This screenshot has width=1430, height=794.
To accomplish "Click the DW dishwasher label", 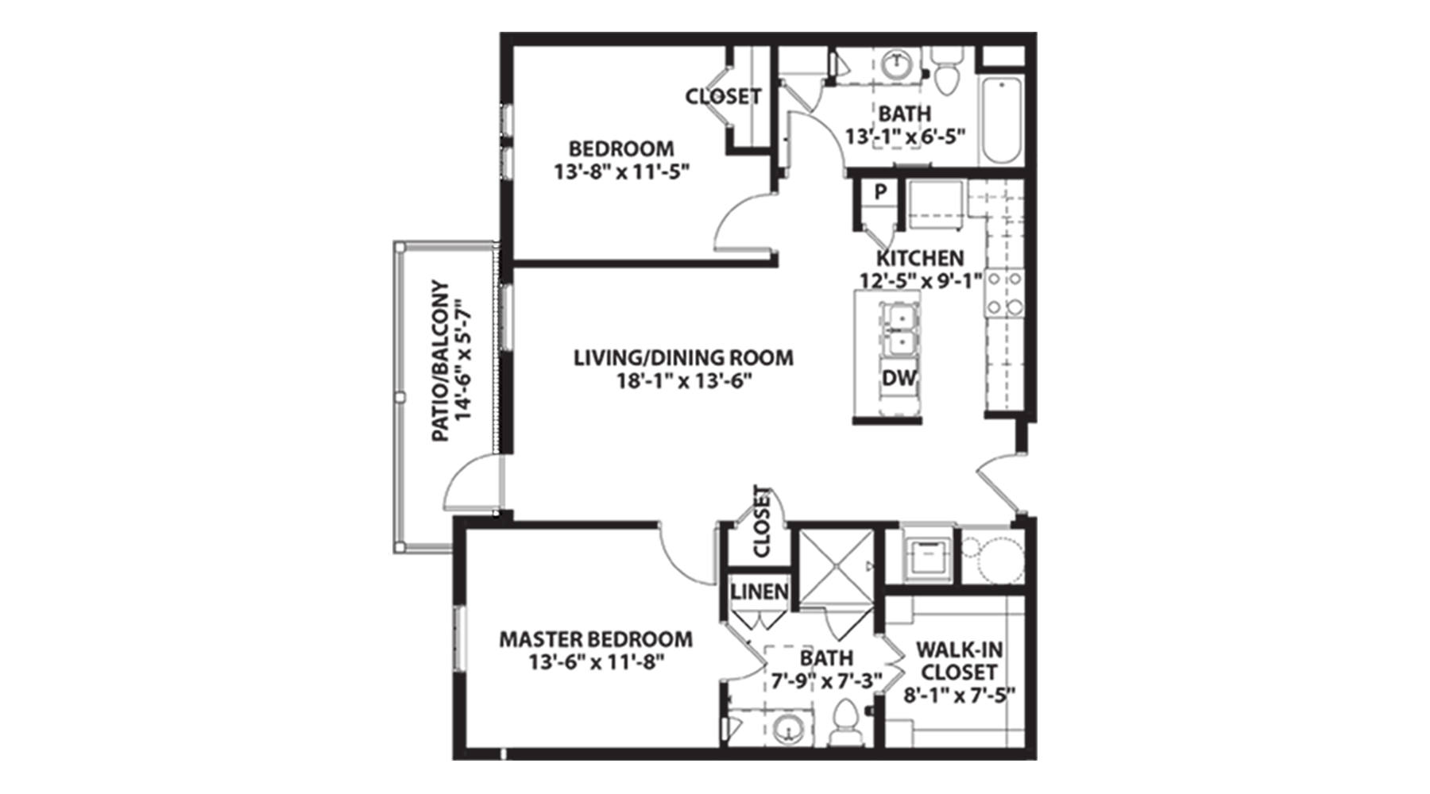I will (899, 379).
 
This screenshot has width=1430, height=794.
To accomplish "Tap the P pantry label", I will (879, 192).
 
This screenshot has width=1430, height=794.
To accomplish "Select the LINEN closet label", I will (759, 592).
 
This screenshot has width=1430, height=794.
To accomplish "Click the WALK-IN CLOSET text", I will (959, 661).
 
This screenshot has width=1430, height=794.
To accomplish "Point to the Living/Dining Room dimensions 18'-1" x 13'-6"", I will (684, 381).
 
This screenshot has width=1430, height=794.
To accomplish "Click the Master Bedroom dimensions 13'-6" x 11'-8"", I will (596, 661).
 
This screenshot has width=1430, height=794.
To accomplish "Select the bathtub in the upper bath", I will (1001, 119).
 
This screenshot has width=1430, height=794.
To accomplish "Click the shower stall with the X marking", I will (835, 567).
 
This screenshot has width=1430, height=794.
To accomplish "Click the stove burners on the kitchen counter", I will (1004, 293).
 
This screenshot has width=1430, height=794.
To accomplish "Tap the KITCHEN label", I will (920, 258).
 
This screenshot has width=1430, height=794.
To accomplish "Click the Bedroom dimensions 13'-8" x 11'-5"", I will (620, 172).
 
